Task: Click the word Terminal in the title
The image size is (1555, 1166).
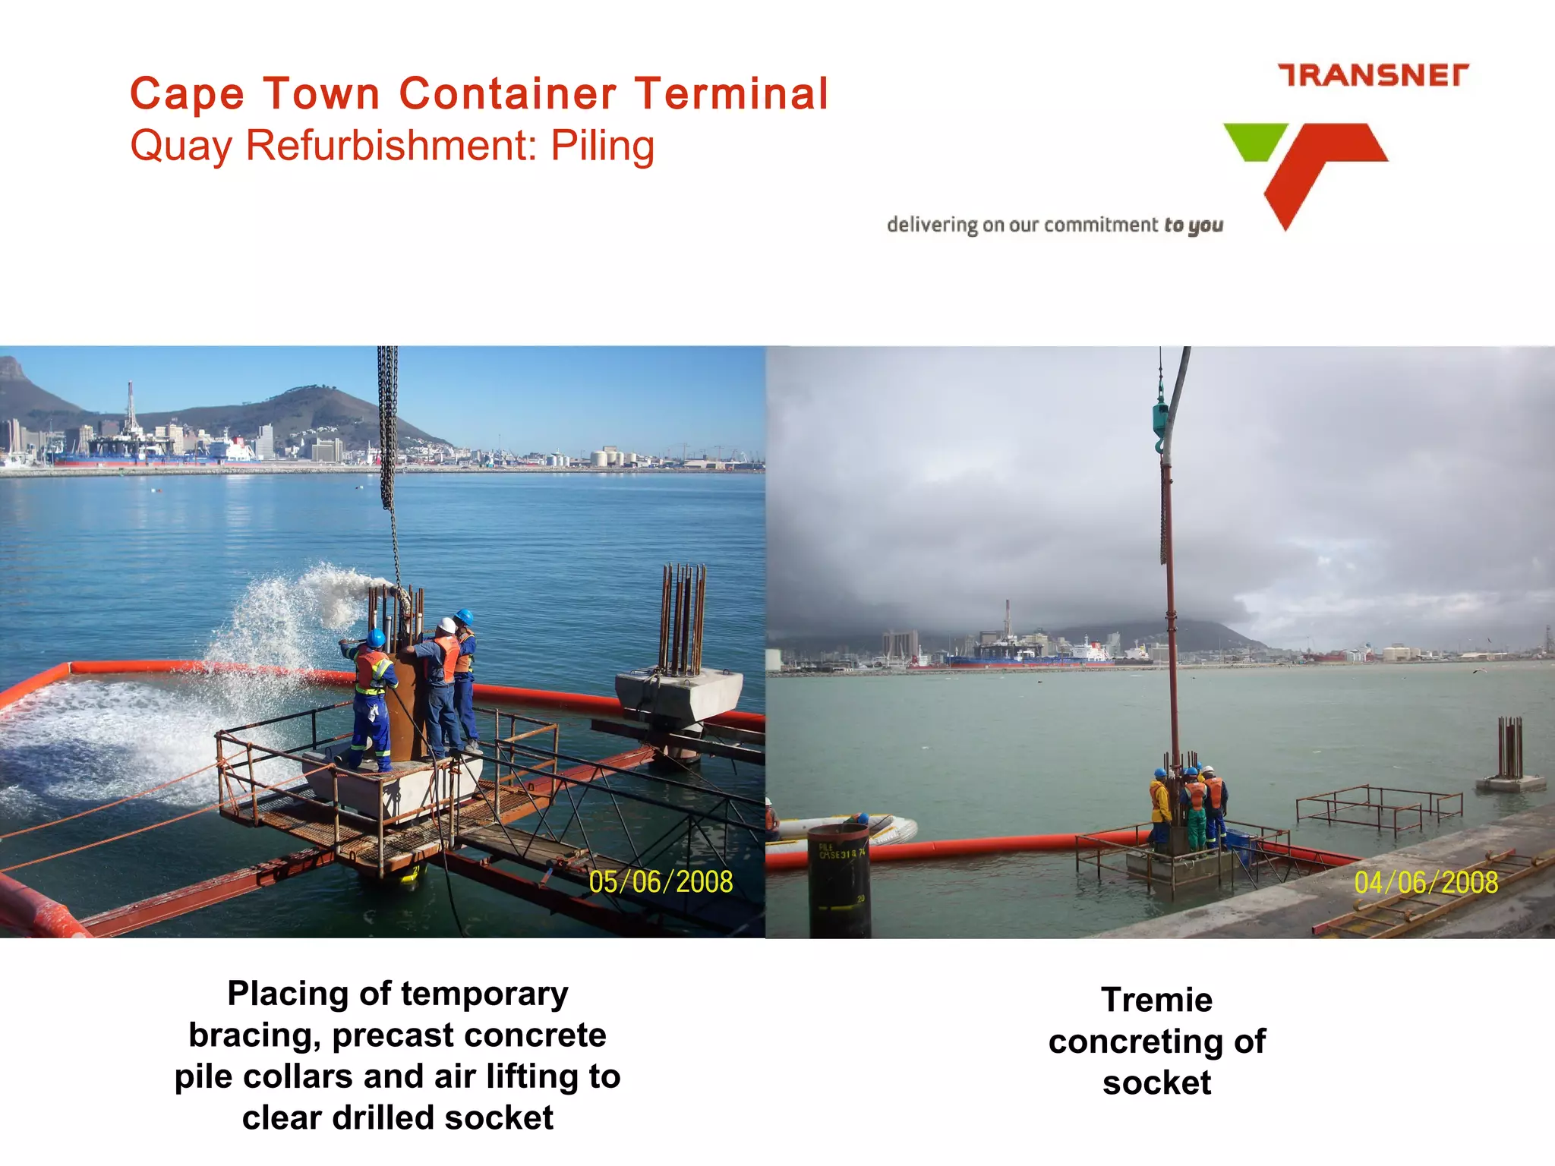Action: (x=732, y=94)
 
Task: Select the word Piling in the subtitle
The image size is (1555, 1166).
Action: (x=602, y=146)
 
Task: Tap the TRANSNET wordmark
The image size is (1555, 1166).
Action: (x=1373, y=75)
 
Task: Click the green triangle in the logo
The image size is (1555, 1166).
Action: (x=1254, y=140)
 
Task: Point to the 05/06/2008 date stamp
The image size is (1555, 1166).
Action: (x=661, y=882)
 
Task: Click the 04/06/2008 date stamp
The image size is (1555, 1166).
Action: (x=1426, y=882)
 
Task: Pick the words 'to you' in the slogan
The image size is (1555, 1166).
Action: (x=1194, y=225)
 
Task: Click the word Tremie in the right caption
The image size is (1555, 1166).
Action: (x=1156, y=1000)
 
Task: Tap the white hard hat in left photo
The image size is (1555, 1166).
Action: (x=446, y=626)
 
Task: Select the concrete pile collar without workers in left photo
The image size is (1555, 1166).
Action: (x=678, y=695)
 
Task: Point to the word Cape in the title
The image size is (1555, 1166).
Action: (x=187, y=94)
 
